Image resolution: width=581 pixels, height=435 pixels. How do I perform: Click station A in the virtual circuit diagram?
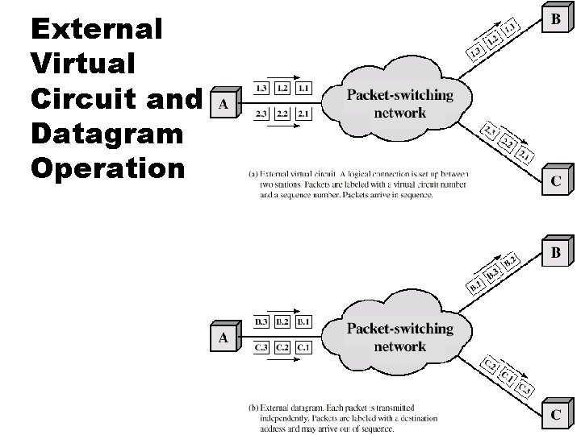click(223, 104)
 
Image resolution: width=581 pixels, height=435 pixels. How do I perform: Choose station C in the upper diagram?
click(556, 180)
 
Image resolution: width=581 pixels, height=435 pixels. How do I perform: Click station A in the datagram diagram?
click(223, 338)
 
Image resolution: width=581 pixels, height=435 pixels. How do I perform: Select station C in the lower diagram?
click(556, 416)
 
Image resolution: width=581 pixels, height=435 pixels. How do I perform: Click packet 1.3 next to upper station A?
click(262, 88)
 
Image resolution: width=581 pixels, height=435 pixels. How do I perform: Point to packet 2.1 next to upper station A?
click(303, 114)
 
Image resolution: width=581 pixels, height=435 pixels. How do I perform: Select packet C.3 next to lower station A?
click(262, 348)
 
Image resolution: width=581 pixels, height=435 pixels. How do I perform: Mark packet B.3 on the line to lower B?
click(491, 275)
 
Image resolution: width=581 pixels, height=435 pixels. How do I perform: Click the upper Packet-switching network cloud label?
click(399, 104)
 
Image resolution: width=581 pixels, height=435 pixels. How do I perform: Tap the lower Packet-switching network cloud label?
click(399, 338)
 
